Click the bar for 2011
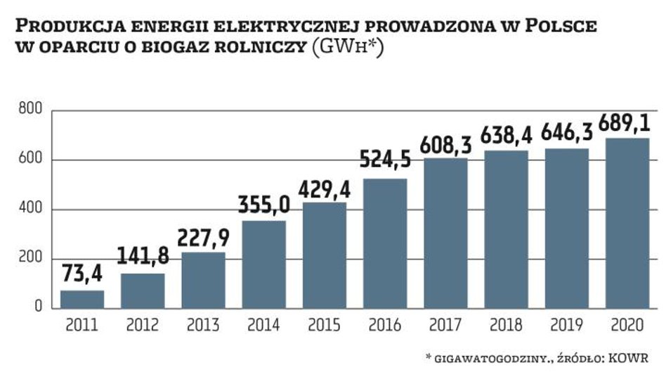pyautogui.click(x=82, y=300)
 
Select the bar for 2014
pyautogui.click(x=264, y=264)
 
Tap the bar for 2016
pyautogui.click(x=385, y=243)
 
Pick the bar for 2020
pyautogui.click(x=627, y=223)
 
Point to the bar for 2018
pyautogui.click(x=507, y=229)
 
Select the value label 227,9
pyautogui.click(x=204, y=237)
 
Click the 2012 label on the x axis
pyautogui.click(x=143, y=326)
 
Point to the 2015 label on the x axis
pyautogui.click(x=325, y=326)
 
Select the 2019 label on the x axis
pyautogui.click(x=567, y=326)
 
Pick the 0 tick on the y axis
pyautogui.click(x=38, y=308)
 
